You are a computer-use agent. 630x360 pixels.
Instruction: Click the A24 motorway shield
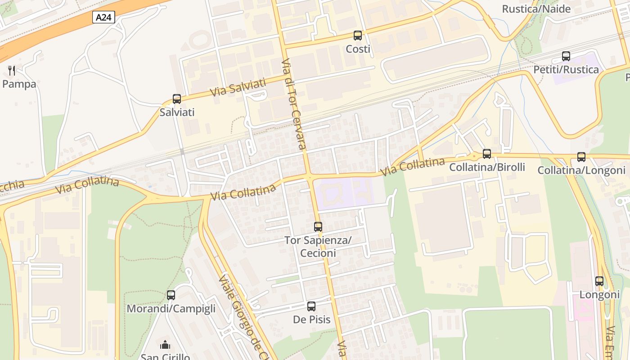pyautogui.click(x=104, y=18)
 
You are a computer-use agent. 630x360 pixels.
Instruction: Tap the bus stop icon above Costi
pyautogui.click(x=358, y=36)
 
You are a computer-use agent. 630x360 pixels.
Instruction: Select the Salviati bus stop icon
pyautogui.click(x=177, y=99)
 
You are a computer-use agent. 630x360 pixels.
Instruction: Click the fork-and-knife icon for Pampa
pyautogui.click(x=12, y=71)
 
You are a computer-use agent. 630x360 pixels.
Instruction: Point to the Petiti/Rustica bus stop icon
pyautogui.click(x=566, y=56)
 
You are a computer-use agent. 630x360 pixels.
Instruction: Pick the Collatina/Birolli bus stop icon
pyautogui.click(x=487, y=154)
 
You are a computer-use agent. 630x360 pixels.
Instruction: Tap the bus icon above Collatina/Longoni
pyautogui.click(x=581, y=157)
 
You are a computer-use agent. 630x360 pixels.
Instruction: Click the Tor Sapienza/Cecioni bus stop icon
pyautogui.click(x=318, y=227)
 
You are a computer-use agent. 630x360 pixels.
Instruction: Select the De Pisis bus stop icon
pyautogui.click(x=311, y=306)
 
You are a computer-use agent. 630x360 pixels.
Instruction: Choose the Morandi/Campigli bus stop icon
pyautogui.click(x=171, y=295)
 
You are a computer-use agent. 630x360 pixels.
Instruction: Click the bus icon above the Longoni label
pyautogui.click(x=599, y=281)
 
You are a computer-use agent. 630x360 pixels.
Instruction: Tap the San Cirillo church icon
pyautogui.click(x=165, y=345)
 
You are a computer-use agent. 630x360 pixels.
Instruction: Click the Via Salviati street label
pyautogui.click(x=238, y=87)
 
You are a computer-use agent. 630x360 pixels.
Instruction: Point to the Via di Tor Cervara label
pyautogui.click(x=294, y=103)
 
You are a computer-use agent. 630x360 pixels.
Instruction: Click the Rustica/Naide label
pyautogui.click(x=536, y=9)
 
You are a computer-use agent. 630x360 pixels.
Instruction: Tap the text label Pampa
pyautogui.click(x=19, y=84)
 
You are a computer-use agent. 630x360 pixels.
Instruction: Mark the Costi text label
pyautogui.click(x=358, y=49)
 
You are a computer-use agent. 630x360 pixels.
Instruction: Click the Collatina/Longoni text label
pyautogui.click(x=581, y=171)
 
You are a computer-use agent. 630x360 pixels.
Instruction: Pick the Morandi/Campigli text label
pyautogui.click(x=171, y=309)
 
